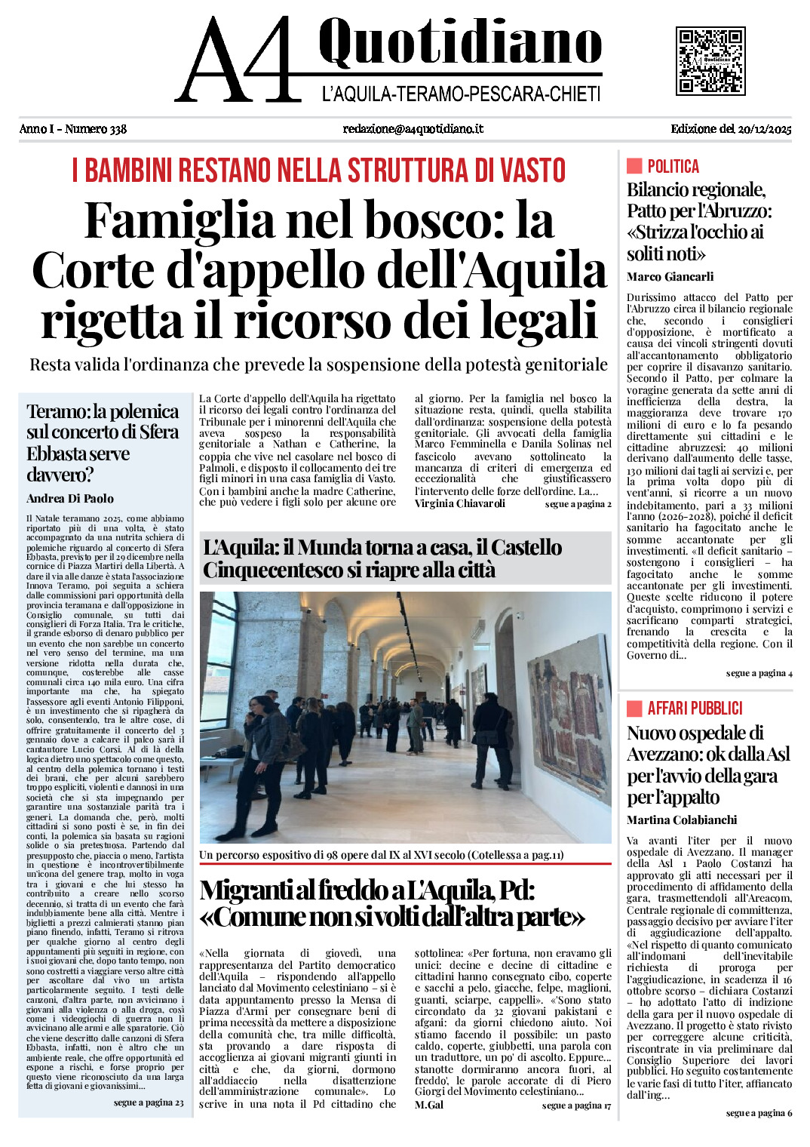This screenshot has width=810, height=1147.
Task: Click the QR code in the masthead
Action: tap(710, 60)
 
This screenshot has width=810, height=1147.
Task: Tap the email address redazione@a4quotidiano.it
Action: tap(413, 129)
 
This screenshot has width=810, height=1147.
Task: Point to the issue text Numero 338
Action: tap(96, 129)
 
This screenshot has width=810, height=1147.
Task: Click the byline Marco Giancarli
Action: tap(670, 277)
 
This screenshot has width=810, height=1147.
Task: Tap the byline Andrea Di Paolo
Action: tap(70, 499)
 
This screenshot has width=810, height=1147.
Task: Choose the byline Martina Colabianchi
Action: tap(682, 820)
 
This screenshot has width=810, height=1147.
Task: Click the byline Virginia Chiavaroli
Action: tap(460, 503)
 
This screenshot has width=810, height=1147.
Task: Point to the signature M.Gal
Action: tap(429, 1105)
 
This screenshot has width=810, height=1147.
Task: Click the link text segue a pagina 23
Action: tap(149, 1102)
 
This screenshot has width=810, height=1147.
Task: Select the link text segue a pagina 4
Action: tap(759, 673)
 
